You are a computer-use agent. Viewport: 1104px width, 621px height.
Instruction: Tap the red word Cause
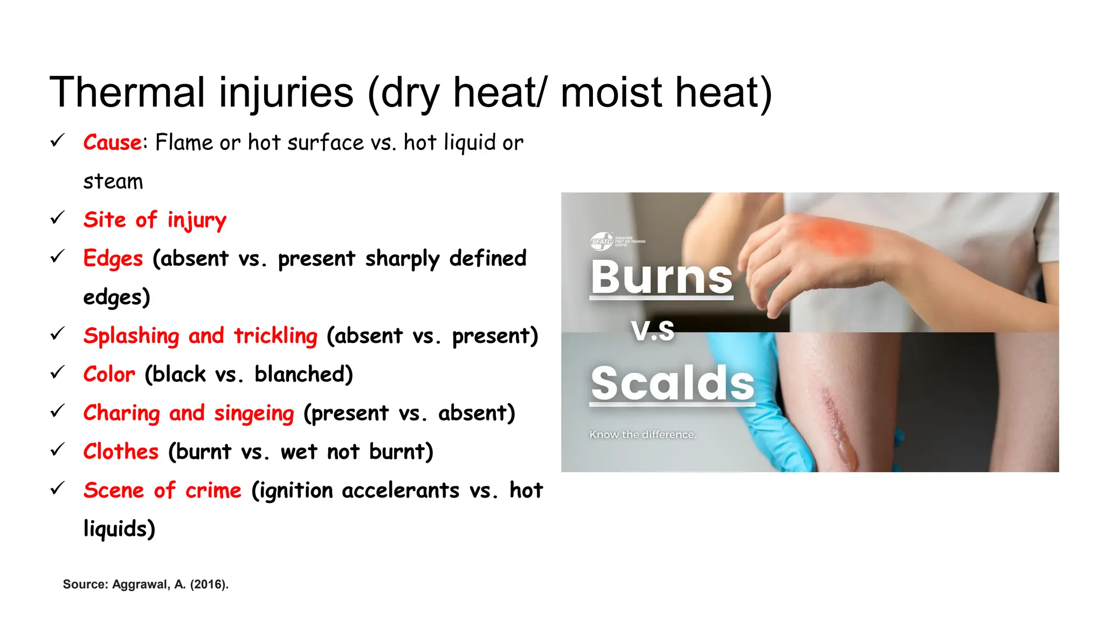pos(112,143)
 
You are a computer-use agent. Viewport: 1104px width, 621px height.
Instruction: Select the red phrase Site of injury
pos(155,220)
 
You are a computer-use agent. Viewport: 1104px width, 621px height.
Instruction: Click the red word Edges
pos(113,259)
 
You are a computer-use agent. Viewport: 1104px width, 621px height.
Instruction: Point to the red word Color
pos(109,375)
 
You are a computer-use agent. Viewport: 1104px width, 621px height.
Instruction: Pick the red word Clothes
pos(121,452)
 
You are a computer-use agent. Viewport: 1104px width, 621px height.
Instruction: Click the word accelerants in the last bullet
pos(401,491)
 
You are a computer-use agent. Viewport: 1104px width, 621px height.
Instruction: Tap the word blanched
pos(303,375)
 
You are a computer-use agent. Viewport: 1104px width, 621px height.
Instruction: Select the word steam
pos(113,182)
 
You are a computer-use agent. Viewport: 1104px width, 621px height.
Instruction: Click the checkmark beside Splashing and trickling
pos(57,334)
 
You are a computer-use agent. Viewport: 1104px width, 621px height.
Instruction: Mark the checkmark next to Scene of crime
pos(57,488)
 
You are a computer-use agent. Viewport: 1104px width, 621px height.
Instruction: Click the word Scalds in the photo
pos(672,383)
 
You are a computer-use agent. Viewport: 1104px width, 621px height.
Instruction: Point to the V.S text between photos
pos(653,330)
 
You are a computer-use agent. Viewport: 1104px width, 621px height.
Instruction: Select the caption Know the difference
pos(643,434)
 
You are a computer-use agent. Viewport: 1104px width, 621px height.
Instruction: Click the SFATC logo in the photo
pos(602,241)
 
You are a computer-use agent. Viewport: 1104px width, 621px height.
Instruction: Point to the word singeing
pos(254,413)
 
